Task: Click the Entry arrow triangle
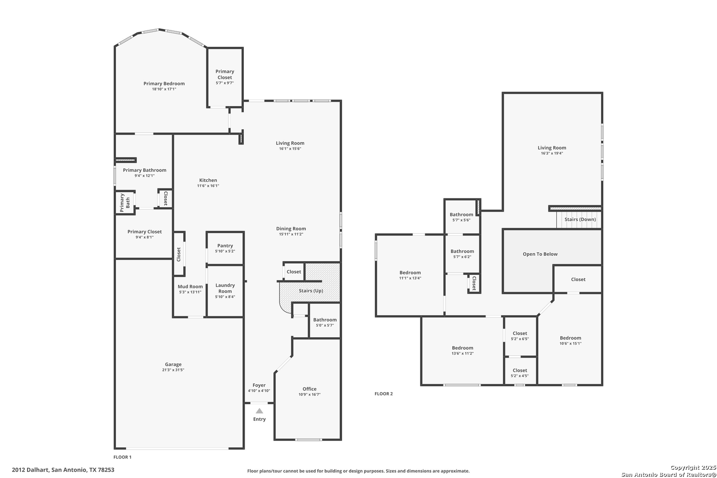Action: pos(260,411)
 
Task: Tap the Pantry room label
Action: pos(225,246)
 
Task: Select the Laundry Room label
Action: pos(225,288)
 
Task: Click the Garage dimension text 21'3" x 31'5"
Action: pos(173,370)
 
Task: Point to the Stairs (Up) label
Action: pos(311,291)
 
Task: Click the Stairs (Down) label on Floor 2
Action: pos(580,220)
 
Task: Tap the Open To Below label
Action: pos(540,254)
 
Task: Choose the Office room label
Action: pos(309,389)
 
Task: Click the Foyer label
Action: pos(259,385)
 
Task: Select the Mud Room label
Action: pos(190,286)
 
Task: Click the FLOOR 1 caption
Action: pos(122,457)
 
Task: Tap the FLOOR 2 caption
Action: pos(383,393)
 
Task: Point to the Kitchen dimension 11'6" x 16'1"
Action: pos(208,186)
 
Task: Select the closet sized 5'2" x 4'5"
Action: pos(520,370)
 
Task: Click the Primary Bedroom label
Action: pos(164,84)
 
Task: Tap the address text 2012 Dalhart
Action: pos(31,470)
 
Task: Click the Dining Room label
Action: pos(291,228)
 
